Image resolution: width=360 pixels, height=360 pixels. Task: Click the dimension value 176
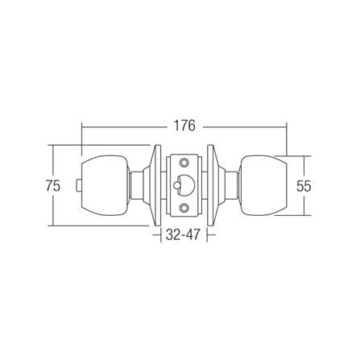(184, 126)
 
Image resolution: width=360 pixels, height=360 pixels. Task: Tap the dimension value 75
(53, 186)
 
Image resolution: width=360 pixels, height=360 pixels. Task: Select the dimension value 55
(304, 186)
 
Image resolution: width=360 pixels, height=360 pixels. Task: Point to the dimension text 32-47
(184, 235)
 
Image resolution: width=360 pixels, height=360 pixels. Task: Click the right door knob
(263, 186)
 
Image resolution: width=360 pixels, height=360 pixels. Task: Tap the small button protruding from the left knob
(79, 186)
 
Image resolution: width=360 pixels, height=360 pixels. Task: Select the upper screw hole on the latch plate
(184, 163)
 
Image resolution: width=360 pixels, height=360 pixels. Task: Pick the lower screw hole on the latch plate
(184, 207)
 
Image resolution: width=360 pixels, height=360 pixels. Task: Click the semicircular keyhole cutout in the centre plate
(185, 184)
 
